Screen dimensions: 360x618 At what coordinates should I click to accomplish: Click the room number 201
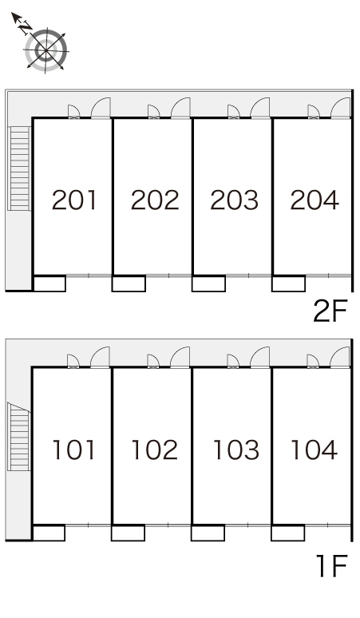(74, 200)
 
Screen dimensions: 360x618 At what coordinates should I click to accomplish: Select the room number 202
(155, 200)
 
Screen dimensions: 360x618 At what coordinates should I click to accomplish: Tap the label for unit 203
(235, 200)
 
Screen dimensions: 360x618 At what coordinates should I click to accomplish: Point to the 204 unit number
(315, 200)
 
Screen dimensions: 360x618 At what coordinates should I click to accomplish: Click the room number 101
(73, 450)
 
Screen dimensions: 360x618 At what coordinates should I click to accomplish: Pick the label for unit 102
(154, 450)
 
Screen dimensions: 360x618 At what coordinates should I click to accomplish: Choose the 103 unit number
(236, 450)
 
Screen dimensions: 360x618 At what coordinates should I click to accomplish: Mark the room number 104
(314, 450)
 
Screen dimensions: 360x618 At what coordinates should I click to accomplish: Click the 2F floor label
(330, 311)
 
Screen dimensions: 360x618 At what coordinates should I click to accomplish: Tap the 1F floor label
(332, 566)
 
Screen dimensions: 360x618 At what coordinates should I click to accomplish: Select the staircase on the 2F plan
(19, 168)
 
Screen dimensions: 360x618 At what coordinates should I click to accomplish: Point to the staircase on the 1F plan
(19, 436)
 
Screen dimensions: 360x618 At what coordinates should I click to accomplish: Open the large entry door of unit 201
(101, 108)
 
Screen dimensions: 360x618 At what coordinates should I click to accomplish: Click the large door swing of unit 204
(340, 108)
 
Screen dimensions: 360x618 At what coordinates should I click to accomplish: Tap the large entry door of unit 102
(180, 357)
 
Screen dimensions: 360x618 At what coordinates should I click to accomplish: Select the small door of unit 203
(234, 112)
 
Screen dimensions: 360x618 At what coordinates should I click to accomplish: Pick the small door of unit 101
(73, 361)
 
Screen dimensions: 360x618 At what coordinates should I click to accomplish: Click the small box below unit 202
(129, 283)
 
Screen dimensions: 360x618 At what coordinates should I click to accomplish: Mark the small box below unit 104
(287, 533)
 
